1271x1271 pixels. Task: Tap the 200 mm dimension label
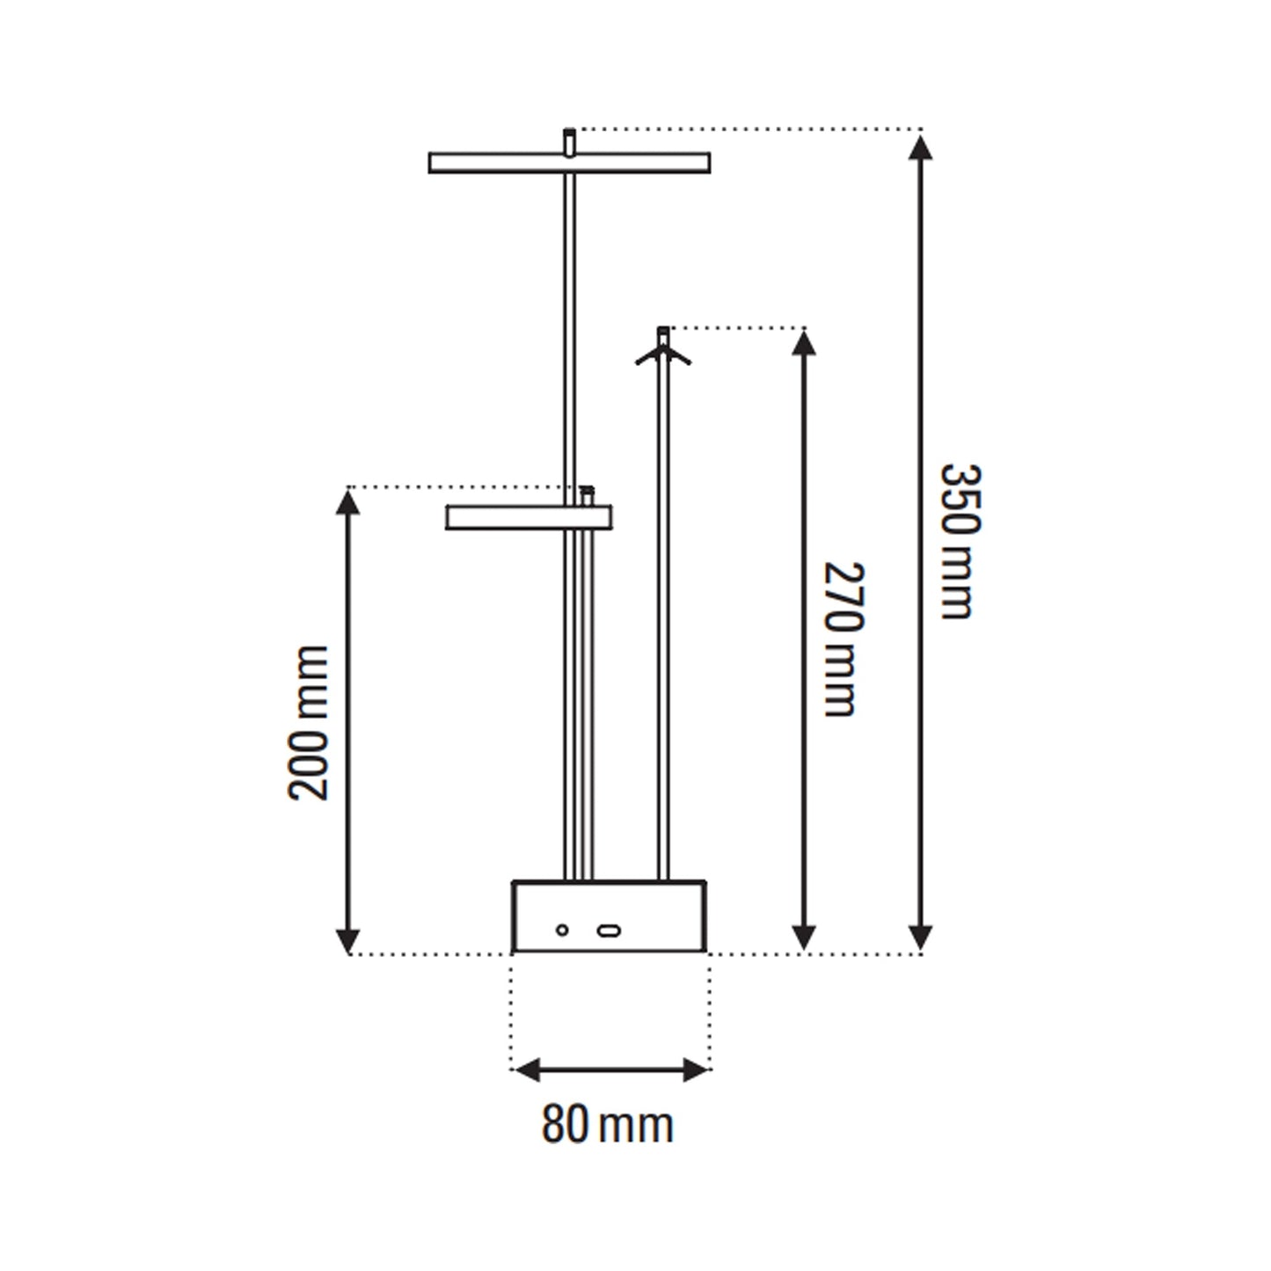(309, 722)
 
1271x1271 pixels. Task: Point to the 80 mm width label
(607, 1125)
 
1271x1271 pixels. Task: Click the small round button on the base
(562, 930)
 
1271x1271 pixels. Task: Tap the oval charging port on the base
(608, 930)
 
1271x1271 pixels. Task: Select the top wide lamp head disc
(569, 163)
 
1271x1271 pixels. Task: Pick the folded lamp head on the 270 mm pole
(663, 354)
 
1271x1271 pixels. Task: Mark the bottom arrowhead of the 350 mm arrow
(920, 938)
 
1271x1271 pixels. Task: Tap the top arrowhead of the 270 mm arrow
(804, 341)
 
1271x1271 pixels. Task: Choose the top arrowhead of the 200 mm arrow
(349, 502)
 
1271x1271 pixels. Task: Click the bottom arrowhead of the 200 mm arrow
(349, 939)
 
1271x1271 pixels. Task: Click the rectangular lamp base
(609, 916)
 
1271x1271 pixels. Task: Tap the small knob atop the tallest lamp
(570, 141)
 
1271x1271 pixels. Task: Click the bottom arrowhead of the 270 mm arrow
(804, 938)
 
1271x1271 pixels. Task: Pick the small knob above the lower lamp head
(585, 494)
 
